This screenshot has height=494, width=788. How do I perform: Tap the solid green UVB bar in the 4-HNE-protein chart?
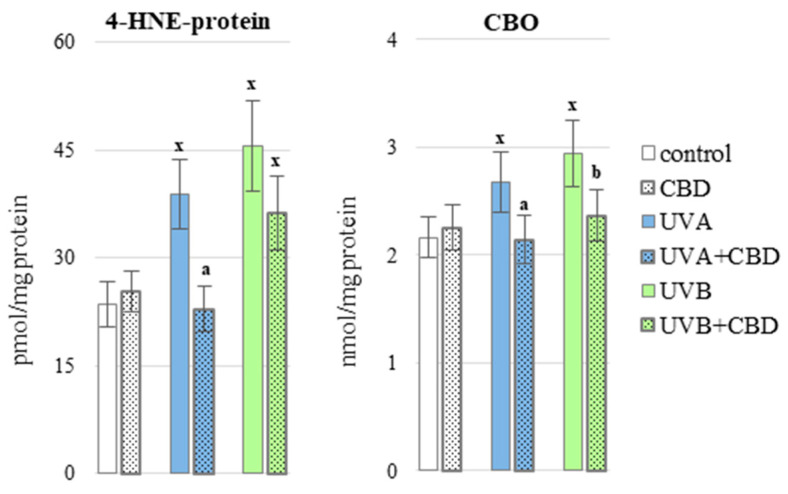[x=252, y=309]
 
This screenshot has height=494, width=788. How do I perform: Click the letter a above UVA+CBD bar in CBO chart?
[x=525, y=205]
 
